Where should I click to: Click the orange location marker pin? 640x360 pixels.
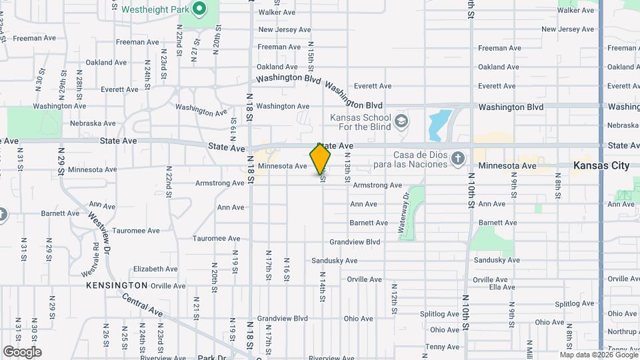pos(321,159)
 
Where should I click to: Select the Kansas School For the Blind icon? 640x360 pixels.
pos(401,121)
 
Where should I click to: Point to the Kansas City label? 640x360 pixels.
pos(602,165)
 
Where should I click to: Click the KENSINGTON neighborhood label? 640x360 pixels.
pos(117,285)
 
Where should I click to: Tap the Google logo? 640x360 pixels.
pos(22,351)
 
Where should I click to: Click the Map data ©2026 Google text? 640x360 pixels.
pos(598,354)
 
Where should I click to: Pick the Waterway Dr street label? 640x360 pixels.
pos(403,212)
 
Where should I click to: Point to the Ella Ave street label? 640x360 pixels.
pos(503,287)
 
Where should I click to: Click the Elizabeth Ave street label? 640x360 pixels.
pos(155,269)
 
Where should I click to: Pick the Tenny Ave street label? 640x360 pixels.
pos(443,347)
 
